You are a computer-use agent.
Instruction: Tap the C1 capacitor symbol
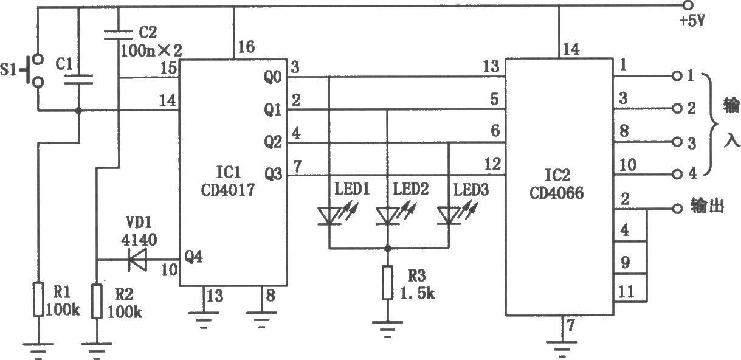(78, 80)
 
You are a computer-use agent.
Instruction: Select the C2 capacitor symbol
(118, 35)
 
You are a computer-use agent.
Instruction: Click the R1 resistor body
(38, 299)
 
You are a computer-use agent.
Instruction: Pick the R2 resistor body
(97, 301)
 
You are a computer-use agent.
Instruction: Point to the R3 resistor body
(387, 283)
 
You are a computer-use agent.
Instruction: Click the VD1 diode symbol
(137, 260)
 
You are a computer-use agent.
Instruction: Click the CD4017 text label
(228, 190)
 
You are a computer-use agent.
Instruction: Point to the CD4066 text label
(557, 193)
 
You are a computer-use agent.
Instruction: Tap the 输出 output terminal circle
(678, 209)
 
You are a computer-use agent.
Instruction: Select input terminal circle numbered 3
(678, 142)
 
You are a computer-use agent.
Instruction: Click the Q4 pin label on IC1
(193, 256)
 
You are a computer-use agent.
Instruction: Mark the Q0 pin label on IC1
(273, 77)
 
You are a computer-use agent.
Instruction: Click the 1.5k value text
(418, 294)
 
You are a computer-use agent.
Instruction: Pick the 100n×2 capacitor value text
(151, 50)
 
